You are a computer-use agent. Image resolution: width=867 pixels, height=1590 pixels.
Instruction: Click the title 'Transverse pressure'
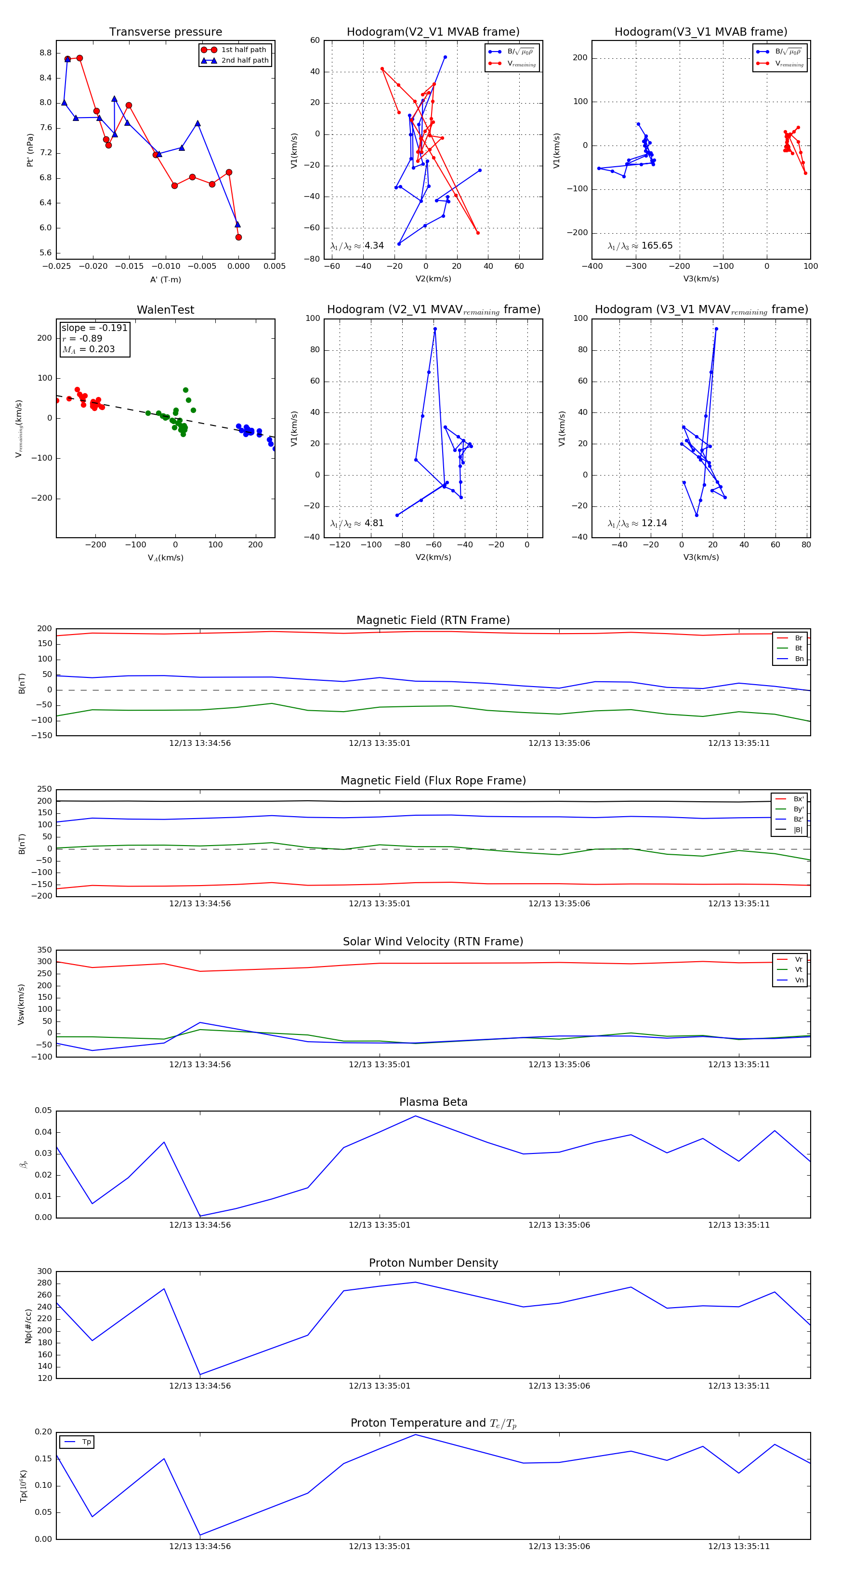point(165,32)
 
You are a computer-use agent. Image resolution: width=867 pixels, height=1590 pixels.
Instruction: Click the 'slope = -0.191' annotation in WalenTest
point(94,328)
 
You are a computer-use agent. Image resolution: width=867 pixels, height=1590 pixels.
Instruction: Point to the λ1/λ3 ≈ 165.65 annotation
point(640,246)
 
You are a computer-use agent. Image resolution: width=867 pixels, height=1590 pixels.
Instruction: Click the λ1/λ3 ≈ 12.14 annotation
point(637,523)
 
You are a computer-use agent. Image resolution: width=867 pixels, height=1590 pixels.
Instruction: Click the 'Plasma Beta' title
point(433,1102)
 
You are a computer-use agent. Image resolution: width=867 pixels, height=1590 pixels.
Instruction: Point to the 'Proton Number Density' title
point(433,1263)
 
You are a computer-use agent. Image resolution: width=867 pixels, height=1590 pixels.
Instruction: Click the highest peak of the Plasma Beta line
point(415,1116)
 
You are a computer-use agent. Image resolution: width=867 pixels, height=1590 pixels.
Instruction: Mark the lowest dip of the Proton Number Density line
point(200,1375)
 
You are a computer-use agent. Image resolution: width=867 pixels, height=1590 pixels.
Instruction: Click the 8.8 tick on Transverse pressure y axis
point(45,53)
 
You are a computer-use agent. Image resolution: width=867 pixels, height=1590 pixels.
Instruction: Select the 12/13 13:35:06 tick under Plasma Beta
point(559,1225)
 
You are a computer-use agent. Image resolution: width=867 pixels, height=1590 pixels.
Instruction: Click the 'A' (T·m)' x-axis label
point(165,279)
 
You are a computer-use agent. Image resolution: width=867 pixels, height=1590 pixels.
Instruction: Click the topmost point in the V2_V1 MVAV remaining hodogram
point(435,329)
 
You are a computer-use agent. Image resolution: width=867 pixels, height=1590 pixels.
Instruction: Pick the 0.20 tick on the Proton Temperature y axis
point(43,1432)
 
